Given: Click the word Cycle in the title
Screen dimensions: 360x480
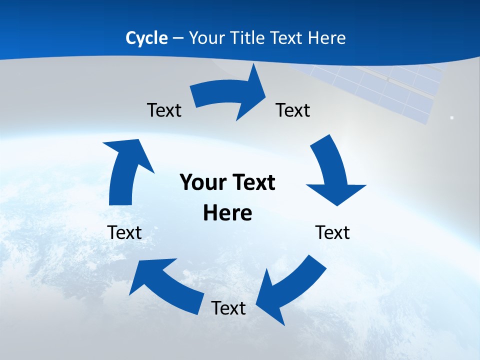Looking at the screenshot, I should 146,38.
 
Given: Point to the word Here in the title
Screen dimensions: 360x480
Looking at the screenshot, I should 325,38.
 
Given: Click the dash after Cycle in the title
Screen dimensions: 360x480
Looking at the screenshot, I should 178,38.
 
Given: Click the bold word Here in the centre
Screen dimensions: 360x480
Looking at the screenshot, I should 227,213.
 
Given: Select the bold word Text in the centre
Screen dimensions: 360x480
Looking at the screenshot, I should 253,182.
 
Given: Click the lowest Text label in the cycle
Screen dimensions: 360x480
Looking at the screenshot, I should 228,308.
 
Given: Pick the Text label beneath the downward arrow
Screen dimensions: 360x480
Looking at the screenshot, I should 332,232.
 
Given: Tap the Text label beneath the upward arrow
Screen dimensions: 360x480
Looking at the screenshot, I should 124,232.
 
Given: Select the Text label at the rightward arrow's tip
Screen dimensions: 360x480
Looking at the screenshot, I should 293,110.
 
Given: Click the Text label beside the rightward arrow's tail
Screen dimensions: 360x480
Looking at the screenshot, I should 164,110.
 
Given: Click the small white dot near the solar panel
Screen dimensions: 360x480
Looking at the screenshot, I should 451,117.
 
